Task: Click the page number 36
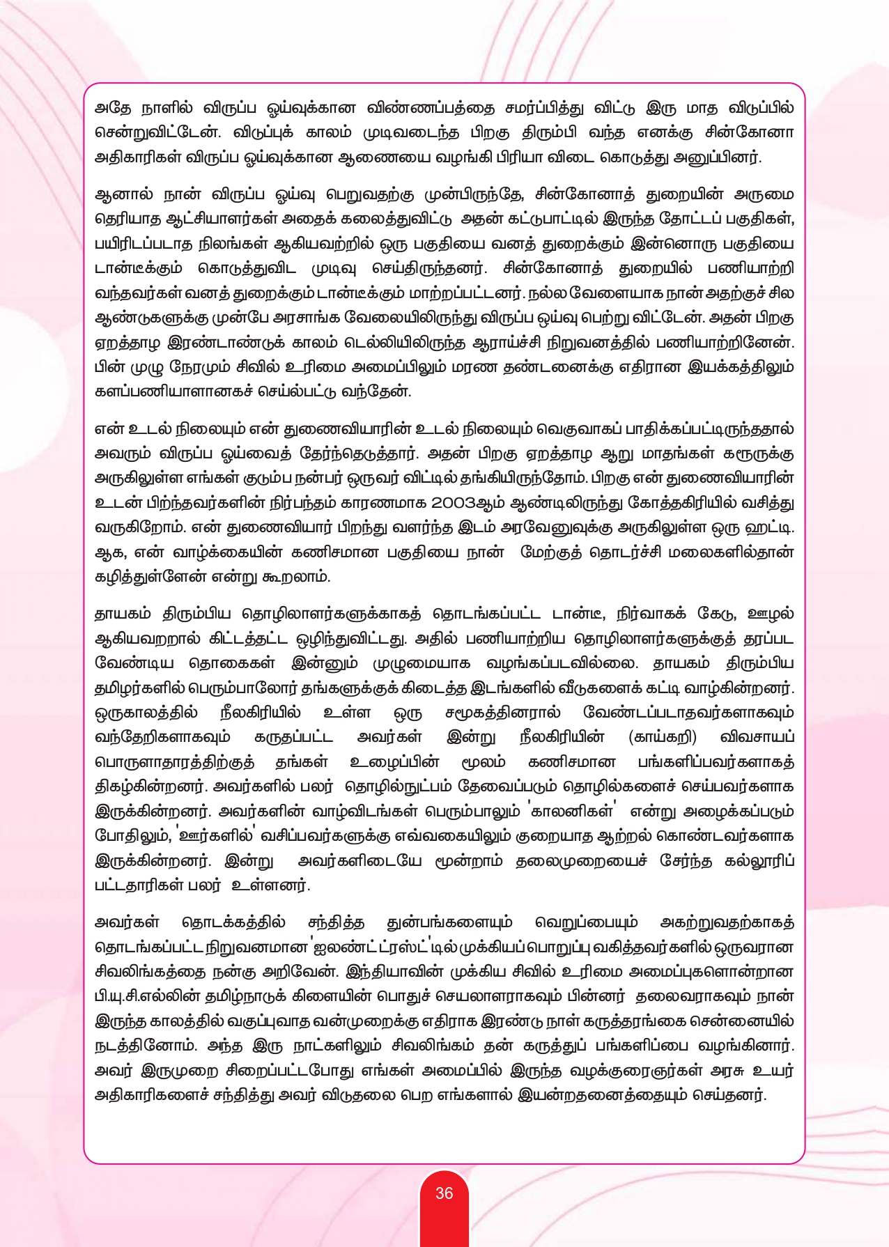(444, 1193)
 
